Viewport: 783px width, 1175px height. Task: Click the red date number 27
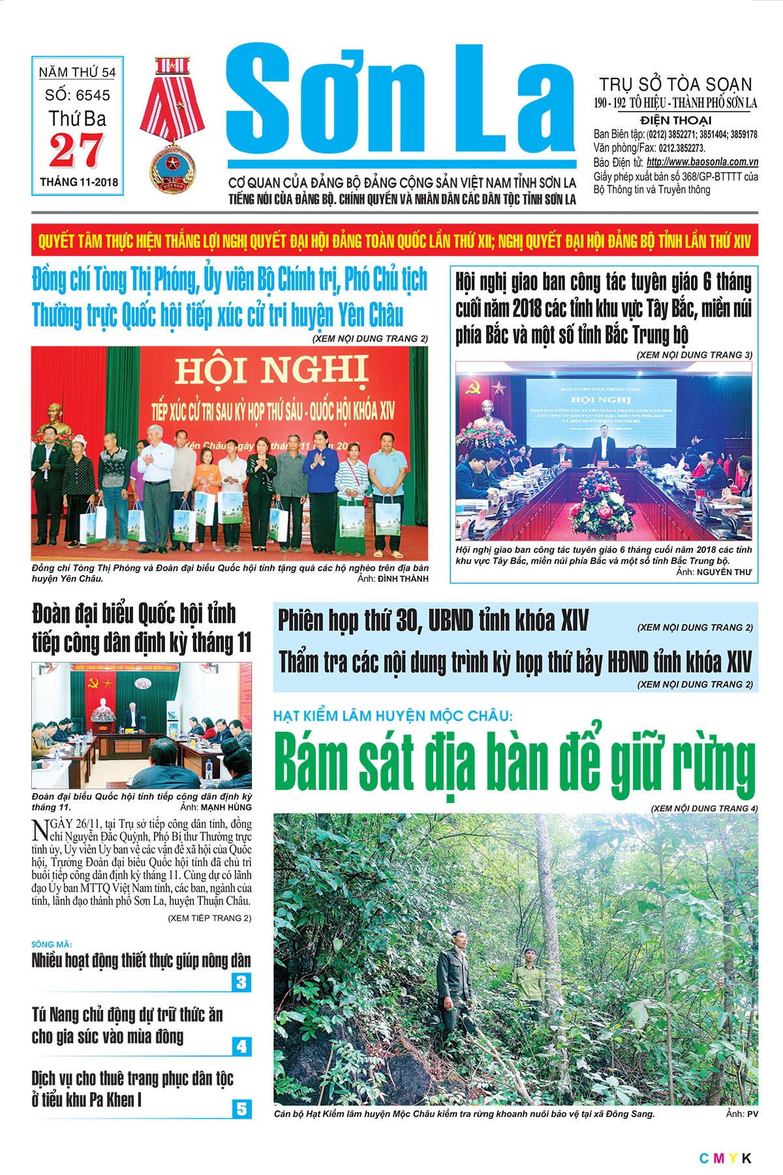pyautogui.click(x=76, y=151)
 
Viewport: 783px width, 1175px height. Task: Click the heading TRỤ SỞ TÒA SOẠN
pyautogui.click(x=675, y=84)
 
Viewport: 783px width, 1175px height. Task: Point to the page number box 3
pyautogui.click(x=241, y=982)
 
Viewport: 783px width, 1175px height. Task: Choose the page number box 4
pyautogui.click(x=241, y=1046)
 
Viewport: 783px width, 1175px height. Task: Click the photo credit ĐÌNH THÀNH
pyautogui.click(x=403, y=578)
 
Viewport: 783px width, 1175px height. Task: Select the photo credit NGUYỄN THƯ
pyautogui.click(x=724, y=572)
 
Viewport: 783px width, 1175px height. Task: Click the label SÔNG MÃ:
pyautogui.click(x=52, y=945)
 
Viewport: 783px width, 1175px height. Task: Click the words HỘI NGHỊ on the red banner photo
pyautogui.click(x=271, y=371)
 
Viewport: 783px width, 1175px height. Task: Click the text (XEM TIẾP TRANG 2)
pyautogui.click(x=209, y=918)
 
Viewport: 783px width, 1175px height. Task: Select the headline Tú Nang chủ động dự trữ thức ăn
pyautogui.click(x=127, y=1015)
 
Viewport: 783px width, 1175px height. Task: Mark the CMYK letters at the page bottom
pyautogui.click(x=725, y=1159)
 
